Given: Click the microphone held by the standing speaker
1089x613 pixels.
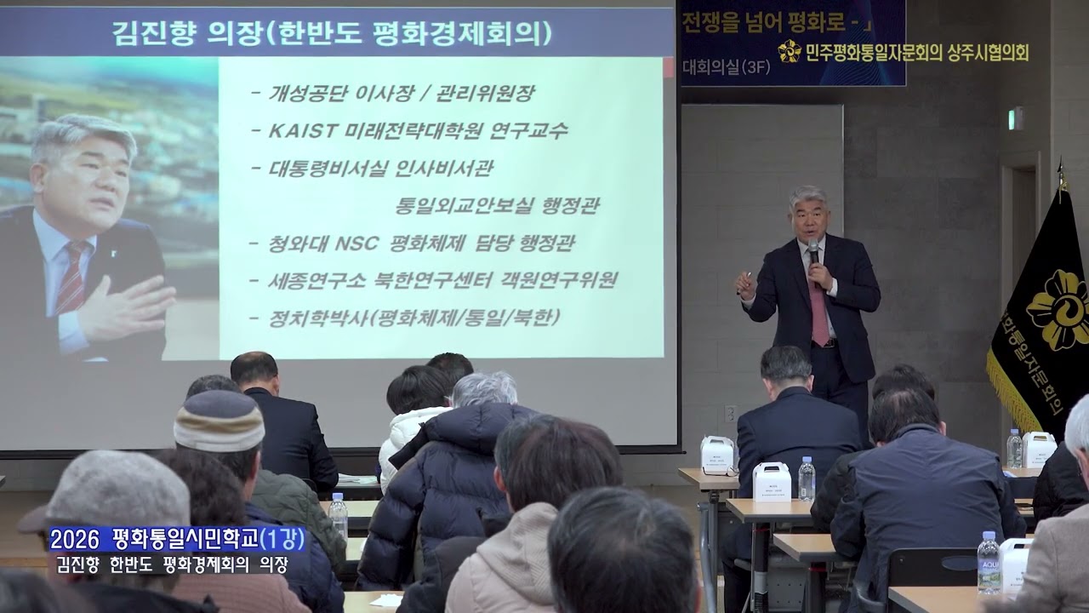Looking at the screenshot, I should coord(812,250).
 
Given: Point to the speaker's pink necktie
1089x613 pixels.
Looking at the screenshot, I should coord(818,312).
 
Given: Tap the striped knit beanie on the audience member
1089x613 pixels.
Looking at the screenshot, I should coord(219,420).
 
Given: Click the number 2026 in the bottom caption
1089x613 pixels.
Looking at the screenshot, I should coord(75,538).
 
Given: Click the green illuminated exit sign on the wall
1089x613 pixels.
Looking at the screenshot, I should coord(1015,118).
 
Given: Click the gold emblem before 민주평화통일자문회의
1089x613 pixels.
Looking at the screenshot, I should coord(789,51).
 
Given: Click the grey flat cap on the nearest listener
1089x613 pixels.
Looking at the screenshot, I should coord(111,491).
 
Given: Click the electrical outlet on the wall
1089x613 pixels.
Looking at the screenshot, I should coord(730,412).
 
